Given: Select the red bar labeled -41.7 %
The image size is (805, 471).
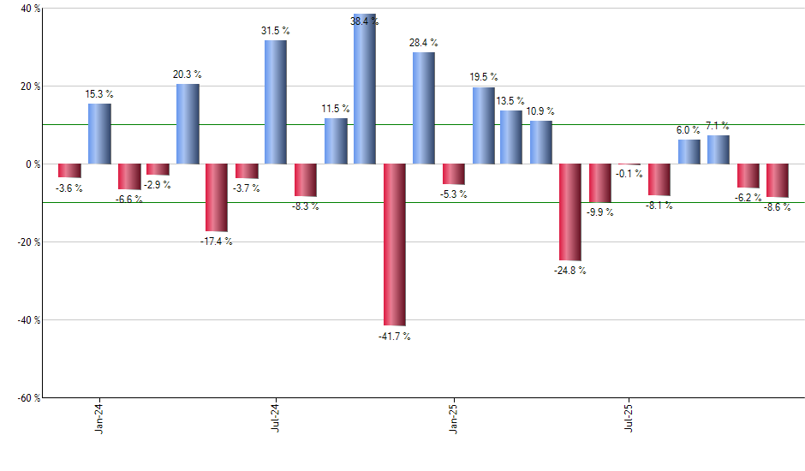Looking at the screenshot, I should (394, 245).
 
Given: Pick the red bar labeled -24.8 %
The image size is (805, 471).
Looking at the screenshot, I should (570, 212).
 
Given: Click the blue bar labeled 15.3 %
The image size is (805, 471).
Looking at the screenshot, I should (99, 134).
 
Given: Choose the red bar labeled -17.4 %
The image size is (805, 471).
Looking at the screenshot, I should (217, 198).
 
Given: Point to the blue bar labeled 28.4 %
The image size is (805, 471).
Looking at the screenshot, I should (424, 108).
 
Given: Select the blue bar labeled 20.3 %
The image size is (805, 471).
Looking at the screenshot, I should (188, 123).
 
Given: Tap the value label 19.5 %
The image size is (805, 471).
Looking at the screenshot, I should (483, 77).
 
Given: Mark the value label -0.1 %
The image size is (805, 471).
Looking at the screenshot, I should (629, 174).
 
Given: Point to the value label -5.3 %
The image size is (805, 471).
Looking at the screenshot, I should (453, 194).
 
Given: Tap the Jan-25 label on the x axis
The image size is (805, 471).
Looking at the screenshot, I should (454, 417).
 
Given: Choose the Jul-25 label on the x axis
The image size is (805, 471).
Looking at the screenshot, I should (629, 417).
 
